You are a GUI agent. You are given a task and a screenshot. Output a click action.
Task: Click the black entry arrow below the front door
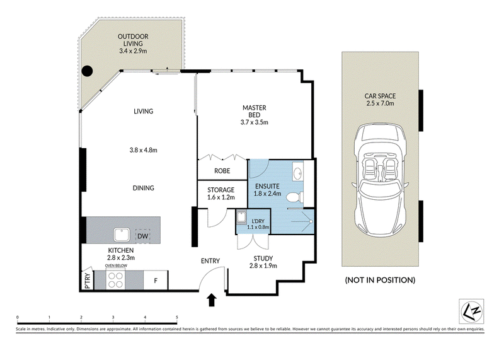pos(212,300)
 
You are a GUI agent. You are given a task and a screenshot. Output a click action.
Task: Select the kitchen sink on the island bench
pos(122,235)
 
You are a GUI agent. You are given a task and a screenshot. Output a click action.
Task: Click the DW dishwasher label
pos(143,236)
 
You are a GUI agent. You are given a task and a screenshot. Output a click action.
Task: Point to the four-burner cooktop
pos(116,279)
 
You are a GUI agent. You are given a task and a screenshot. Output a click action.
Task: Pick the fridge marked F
pos(156,281)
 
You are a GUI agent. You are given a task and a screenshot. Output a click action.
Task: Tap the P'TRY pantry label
pos(88,281)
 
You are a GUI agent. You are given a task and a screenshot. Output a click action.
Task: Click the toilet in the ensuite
pos(294,197)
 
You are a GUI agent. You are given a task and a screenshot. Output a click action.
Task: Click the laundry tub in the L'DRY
pos(241,217)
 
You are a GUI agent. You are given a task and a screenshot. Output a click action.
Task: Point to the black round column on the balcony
pos(87,71)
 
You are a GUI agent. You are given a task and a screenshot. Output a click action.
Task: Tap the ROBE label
pos(222,170)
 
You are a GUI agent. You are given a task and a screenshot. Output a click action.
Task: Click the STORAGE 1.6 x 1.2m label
pos(221,194)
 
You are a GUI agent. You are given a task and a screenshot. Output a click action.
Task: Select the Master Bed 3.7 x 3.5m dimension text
pos(255,122)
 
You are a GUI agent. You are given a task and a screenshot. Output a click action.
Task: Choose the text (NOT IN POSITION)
pos(381,280)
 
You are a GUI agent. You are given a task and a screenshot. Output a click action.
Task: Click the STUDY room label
pos(263,258)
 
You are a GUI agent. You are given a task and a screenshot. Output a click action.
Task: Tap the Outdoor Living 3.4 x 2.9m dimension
pos(133,51)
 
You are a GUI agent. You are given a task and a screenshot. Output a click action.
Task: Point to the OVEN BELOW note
pos(116,265)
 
